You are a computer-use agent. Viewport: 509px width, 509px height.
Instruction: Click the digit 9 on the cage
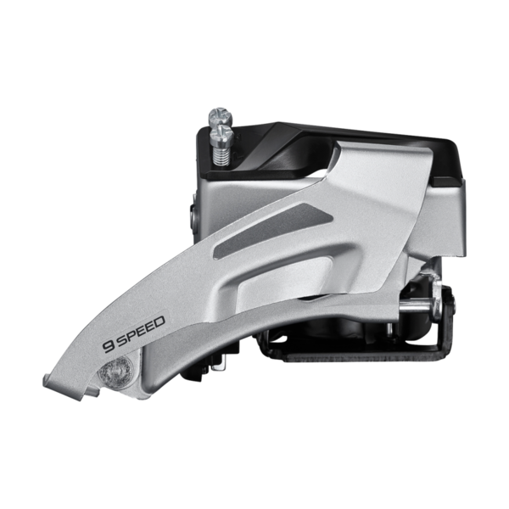click(108, 346)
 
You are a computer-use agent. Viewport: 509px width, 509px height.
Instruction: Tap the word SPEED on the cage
click(140, 330)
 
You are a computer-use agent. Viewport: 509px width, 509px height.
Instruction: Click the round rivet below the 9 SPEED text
click(116, 372)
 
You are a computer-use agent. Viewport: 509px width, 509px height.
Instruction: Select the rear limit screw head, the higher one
click(221, 116)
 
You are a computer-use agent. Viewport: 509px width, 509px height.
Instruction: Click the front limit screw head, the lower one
click(222, 137)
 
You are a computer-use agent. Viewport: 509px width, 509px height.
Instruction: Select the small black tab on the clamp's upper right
click(448, 182)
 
